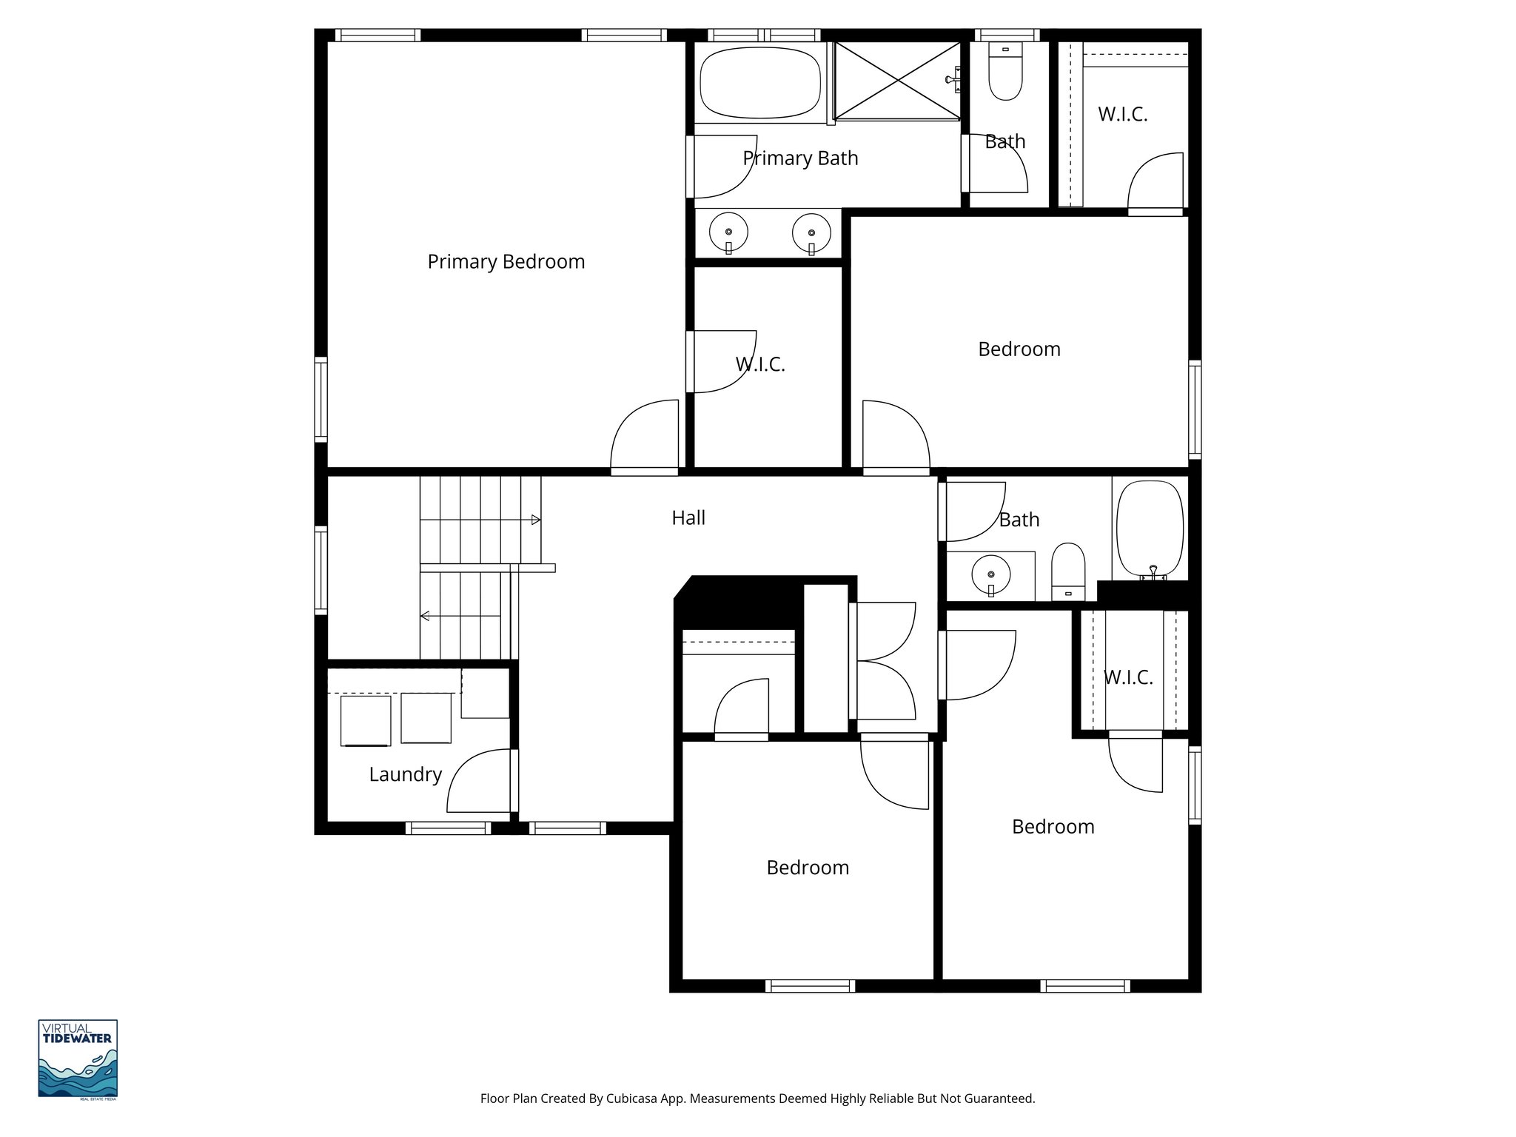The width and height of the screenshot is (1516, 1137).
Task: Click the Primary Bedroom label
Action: (x=506, y=262)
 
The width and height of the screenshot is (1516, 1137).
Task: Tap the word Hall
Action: (x=688, y=518)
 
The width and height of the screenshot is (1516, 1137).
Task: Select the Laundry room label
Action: (x=405, y=774)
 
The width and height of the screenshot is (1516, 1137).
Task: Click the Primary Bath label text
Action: (x=800, y=158)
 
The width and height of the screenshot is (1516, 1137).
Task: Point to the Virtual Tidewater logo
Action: (x=78, y=1059)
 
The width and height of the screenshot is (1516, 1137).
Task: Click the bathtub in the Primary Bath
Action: (x=760, y=83)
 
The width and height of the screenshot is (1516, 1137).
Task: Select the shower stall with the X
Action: (x=897, y=81)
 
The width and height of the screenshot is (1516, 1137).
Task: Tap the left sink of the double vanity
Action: (x=728, y=232)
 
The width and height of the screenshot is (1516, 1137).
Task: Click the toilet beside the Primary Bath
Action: (x=1004, y=73)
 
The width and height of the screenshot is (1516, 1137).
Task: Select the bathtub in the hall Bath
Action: (x=1150, y=529)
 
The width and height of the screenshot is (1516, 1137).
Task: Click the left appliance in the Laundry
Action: (x=365, y=720)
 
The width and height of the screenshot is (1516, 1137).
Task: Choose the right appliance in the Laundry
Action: (x=426, y=718)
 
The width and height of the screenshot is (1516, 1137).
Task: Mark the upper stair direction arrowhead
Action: (x=536, y=520)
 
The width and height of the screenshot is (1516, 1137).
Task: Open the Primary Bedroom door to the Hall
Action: (x=644, y=437)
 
